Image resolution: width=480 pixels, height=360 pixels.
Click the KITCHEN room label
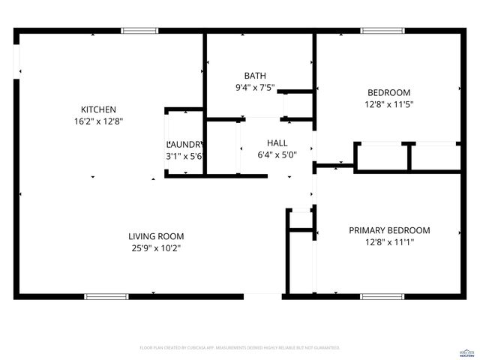coord(98,108)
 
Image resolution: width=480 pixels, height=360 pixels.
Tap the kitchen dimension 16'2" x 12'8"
coord(98,120)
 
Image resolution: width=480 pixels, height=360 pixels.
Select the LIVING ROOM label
coord(156,235)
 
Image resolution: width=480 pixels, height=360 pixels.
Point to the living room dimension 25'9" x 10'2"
coord(156,247)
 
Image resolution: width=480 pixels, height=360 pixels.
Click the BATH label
coord(254,76)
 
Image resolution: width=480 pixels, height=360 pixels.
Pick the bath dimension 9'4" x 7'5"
coord(255,88)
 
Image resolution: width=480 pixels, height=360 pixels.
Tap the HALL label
coord(277,142)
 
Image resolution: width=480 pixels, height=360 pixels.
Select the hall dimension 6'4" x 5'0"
coord(277,154)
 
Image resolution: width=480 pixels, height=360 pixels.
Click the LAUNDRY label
coord(184,144)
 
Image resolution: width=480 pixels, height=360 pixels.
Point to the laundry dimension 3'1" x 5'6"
coord(184,156)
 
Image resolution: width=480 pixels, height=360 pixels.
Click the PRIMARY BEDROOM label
coord(389,230)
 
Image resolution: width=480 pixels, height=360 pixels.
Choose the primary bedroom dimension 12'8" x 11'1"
coord(389,242)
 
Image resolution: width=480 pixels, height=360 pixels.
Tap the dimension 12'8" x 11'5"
coord(388,104)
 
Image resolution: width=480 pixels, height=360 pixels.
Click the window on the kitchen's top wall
coord(140,31)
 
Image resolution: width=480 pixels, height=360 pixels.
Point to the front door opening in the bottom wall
coord(263,296)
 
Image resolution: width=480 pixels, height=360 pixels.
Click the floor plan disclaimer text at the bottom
coord(240,348)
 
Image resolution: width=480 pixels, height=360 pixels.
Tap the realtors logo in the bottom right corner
coord(466,350)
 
